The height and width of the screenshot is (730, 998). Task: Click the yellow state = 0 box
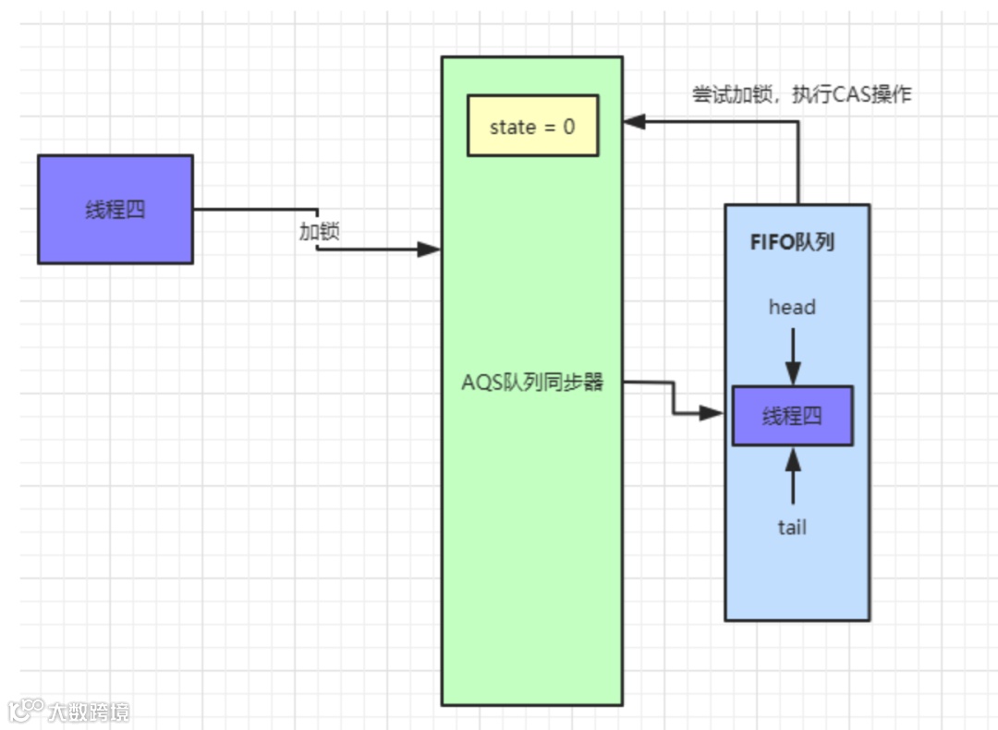coord(533,126)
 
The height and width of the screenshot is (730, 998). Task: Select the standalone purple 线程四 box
coord(116,209)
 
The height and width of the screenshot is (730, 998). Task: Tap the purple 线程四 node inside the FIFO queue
coord(793,416)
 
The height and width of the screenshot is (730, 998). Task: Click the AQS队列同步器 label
coord(532,382)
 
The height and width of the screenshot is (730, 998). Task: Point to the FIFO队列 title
coord(792,242)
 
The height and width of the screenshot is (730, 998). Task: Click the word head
coord(792,307)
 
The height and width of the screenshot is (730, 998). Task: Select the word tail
coord(792,527)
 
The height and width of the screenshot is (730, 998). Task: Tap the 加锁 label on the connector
coord(319,230)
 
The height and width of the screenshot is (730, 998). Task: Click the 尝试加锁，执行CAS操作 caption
coord(802,94)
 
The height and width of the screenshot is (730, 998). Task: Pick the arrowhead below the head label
coord(793,373)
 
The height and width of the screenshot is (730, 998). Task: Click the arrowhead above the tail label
coord(793,459)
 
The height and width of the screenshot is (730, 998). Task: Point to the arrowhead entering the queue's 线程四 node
coord(712,413)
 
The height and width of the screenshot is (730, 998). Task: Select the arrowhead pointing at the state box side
coord(635,121)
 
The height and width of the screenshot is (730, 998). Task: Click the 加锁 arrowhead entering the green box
coord(429,249)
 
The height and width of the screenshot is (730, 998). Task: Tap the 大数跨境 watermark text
coord(89,712)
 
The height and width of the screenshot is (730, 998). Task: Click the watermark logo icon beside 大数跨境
coord(26,710)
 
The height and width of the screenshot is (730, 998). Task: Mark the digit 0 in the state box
coord(569,127)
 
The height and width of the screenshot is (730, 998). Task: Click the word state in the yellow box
coord(513,128)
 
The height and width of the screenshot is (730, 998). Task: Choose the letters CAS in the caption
coord(851,94)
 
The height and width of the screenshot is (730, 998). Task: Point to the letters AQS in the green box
coord(481,383)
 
